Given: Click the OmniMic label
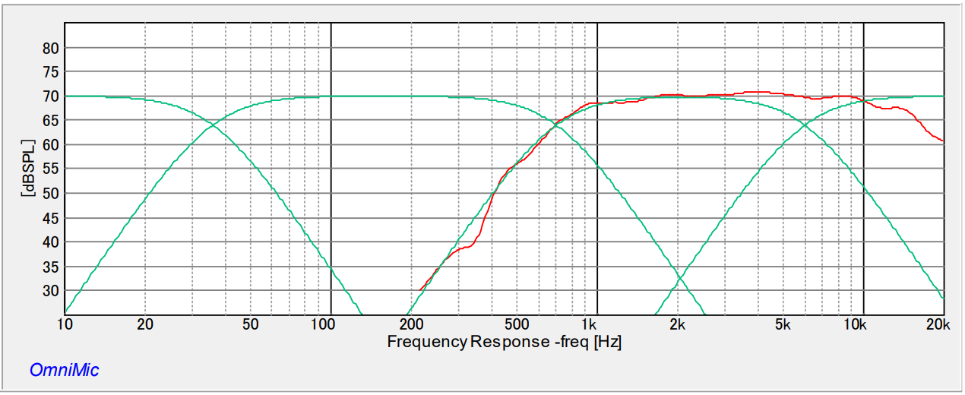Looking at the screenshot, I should (64, 371).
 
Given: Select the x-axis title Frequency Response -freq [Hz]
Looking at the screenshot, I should (505, 342).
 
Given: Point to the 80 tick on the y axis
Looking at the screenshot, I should (51, 48).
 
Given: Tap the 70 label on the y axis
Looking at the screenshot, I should (51, 96).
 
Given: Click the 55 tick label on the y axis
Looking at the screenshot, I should (51, 169).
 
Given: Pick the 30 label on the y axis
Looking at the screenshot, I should (51, 291).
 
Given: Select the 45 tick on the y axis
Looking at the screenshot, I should (51, 218).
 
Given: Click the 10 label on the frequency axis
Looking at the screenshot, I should (65, 325).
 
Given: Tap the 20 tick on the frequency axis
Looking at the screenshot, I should (145, 325).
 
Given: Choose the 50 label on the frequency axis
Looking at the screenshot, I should (251, 325).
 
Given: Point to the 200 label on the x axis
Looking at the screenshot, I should (410, 325).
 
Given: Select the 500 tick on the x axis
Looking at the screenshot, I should (517, 325).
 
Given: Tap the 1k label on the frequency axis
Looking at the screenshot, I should (590, 325).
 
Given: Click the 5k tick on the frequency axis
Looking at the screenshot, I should (783, 325).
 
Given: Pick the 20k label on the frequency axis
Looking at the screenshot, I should (939, 325).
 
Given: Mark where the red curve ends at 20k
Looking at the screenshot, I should (943, 141).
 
